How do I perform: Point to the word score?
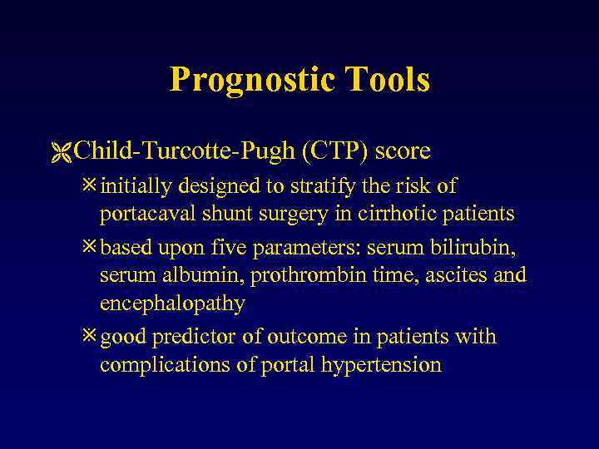(403, 151)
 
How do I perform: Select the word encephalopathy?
(172, 303)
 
